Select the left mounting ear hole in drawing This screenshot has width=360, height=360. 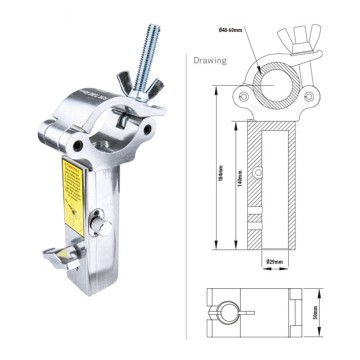pos(242,97)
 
